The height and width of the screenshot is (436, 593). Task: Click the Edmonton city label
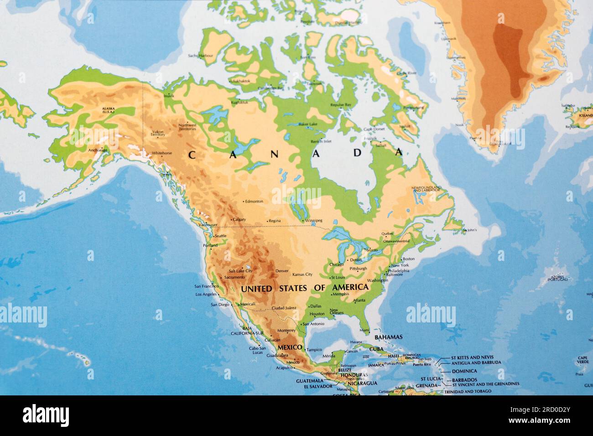click(x=254, y=201)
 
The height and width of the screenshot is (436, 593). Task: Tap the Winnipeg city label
click(x=314, y=221)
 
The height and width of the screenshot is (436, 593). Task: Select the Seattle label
click(x=220, y=236)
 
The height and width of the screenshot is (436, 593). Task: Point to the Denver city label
click(x=282, y=271)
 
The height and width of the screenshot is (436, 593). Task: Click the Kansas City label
click(x=302, y=275)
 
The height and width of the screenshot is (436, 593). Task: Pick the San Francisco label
click(x=206, y=286)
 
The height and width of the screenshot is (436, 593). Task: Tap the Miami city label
click(x=364, y=330)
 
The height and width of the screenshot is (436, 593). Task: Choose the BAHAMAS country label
click(x=388, y=337)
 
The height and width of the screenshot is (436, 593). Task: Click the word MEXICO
click(x=290, y=348)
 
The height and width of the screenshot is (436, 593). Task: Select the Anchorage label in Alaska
click(x=98, y=150)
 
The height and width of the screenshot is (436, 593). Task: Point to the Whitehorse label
click(x=162, y=153)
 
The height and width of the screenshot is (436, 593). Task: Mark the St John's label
click(x=470, y=230)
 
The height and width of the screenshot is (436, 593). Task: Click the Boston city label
click(x=408, y=259)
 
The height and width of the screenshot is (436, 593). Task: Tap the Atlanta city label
click(x=359, y=301)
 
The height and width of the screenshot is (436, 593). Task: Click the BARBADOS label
click(x=464, y=380)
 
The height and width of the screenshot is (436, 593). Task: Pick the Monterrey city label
click(x=286, y=331)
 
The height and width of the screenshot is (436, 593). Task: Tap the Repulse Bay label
click(x=341, y=105)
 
